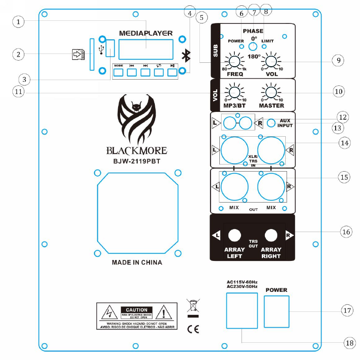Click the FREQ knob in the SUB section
[234, 63]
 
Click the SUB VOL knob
[271, 63]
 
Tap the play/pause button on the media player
[172, 72]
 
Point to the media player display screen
[146, 49]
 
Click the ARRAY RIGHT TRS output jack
[271, 234]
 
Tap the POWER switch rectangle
[276, 312]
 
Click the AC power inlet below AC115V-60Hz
[242, 312]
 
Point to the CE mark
[193, 329]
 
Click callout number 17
[347, 310]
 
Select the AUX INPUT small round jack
[272, 123]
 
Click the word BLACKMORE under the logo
[136, 149]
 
